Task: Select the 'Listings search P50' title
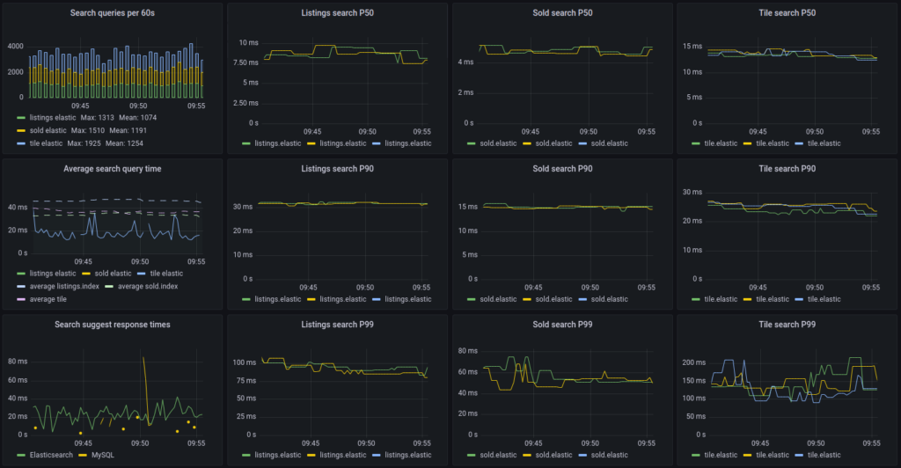pos(336,12)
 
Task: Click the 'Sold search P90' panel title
pos(560,168)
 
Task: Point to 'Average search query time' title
pos(111,168)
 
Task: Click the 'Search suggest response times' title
pos(111,325)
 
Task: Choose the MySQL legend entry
pos(101,455)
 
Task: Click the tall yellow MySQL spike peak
pos(143,357)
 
